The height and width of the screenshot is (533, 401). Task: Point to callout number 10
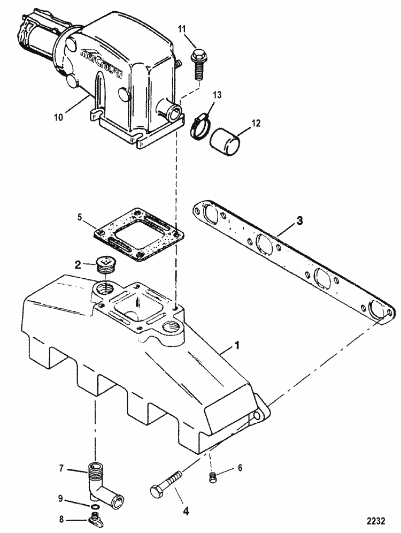click(x=58, y=117)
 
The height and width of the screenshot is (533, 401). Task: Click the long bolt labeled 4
click(x=167, y=481)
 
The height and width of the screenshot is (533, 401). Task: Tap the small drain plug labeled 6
click(x=212, y=477)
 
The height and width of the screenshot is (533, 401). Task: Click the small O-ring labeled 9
click(x=96, y=507)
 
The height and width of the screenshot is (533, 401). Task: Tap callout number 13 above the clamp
click(x=217, y=95)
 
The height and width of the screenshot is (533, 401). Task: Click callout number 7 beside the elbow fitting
click(x=61, y=468)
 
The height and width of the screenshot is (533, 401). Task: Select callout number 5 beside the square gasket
click(x=80, y=217)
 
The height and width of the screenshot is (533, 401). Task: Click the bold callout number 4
click(x=186, y=511)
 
